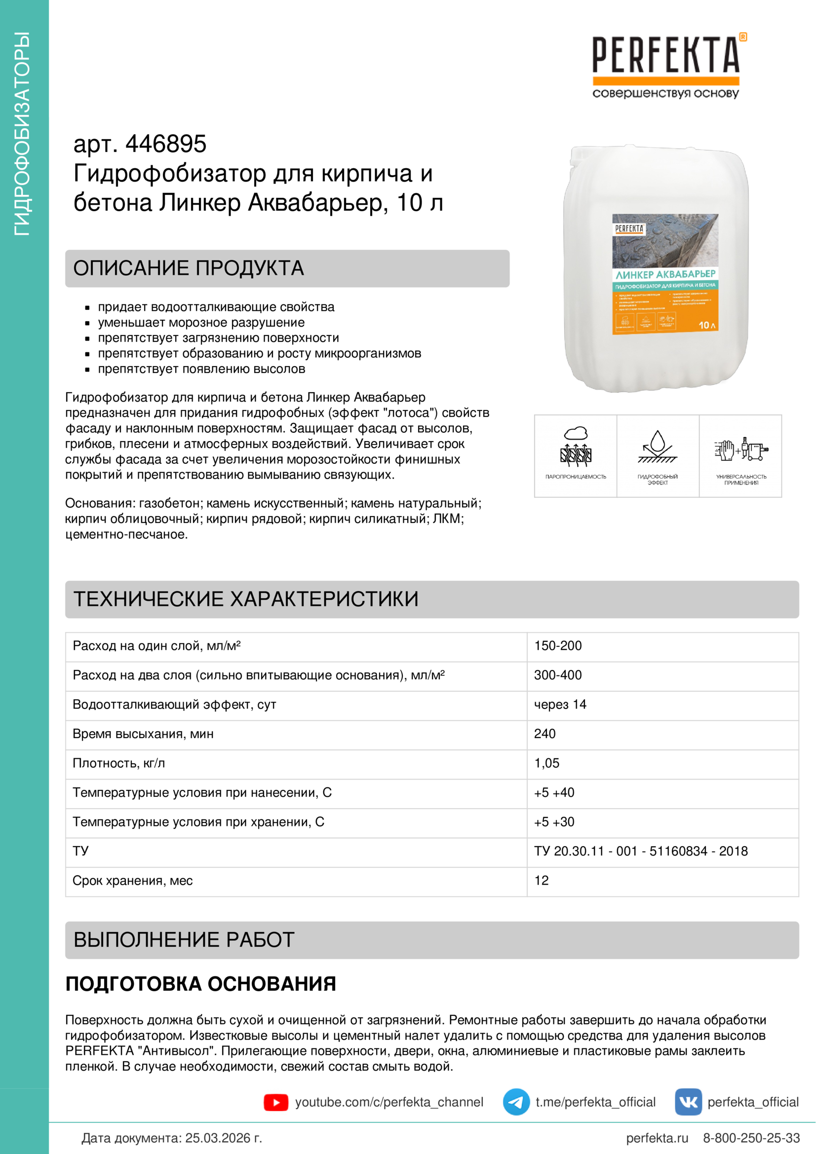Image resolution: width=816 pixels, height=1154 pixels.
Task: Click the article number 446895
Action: tap(165, 144)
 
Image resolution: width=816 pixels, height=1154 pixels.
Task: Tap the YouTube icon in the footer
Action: tap(275, 1102)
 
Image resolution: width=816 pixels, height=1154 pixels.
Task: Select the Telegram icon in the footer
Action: tap(516, 1102)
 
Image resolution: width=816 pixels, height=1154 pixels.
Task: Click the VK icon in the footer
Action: tap(688, 1102)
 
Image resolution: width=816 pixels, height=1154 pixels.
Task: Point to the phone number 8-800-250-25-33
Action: tap(751, 1138)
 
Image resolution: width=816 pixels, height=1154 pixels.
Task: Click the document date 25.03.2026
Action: tap(223, 1138)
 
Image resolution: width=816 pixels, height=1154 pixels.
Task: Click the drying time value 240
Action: tap(544, 734)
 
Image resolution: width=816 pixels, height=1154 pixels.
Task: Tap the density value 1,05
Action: tap(546, 763)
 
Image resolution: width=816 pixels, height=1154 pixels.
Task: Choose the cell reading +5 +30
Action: tap(553, 822)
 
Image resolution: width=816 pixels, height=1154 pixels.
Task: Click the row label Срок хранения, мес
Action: tap(133, 881)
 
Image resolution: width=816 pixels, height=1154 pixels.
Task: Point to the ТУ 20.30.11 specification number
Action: tap(641, 851)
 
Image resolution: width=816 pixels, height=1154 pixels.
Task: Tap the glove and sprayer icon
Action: tap(740, 449)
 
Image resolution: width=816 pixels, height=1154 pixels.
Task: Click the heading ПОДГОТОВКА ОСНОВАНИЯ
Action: tap(200, 984)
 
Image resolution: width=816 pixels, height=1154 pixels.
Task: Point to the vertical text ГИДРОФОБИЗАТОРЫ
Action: tap(23, 134)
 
